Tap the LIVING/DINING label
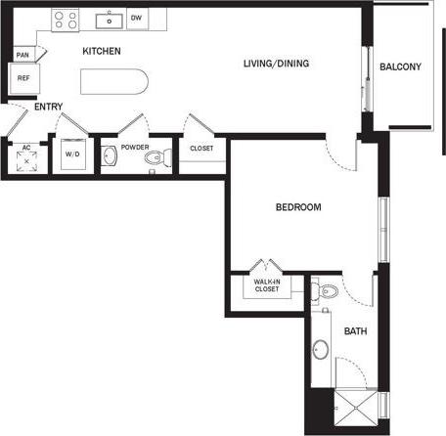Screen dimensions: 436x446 pyautogui.click(x=276, y=65)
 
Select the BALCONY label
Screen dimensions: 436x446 pyautogui.click(x=400, y=66)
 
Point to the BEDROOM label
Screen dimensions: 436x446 pyautogui.click(x=298, y=207)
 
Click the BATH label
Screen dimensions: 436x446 pyautogui.click(x=354, y=330)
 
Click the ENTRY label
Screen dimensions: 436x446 pyautogui.click(x=48, y=107)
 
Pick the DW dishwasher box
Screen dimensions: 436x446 pyautogui.click(x=136, y=18)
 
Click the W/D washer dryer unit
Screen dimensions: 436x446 pyautogui.click(x=71, y=154)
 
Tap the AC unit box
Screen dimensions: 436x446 pyautogui.click(x=25, y=156)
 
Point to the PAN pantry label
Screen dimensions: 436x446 pyautogui.click(x=22, y=55)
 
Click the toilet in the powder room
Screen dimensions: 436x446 pyautogui.click(x=156, y=157)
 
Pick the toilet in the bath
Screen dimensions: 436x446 pyautogui.click(x=328, y=289)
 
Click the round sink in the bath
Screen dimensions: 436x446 pyautogui.click(x=322, y=347)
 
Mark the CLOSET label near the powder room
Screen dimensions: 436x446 pyautogui.click(x=201, y=149)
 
